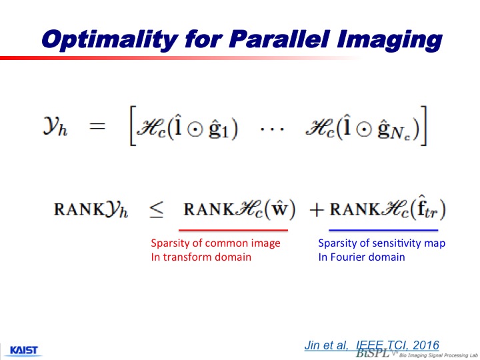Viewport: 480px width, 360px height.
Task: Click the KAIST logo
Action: [24, 350]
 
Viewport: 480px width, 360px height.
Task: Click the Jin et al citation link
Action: [371, 345]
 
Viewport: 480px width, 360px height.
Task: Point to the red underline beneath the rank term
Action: [233, 230]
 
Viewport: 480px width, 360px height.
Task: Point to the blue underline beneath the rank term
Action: [383, 230]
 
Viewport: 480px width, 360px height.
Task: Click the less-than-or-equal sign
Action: [156, 210]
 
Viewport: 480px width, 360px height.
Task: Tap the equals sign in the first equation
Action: [97, 126]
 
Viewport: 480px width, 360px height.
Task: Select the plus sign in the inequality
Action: [317, 210]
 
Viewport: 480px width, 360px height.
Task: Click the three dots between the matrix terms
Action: [272, 129]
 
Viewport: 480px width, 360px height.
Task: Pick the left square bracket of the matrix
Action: [133, 125]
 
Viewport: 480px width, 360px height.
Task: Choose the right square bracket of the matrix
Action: [423, 125]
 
